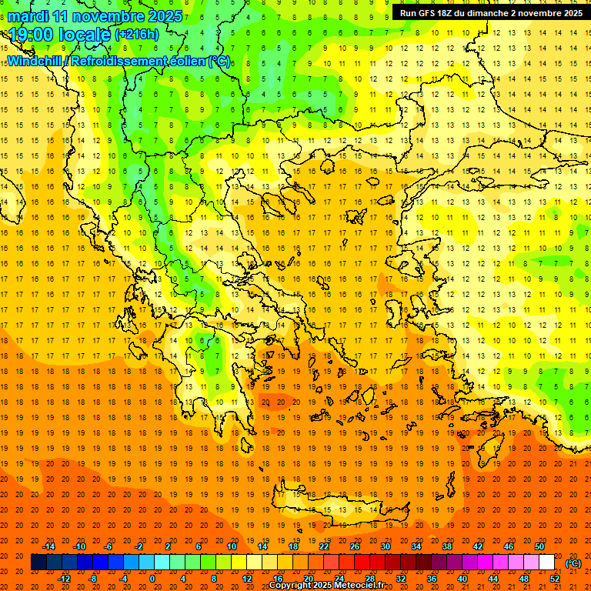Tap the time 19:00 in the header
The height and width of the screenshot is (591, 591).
34,35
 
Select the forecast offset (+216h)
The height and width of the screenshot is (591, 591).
136,35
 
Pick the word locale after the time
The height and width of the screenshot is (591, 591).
86,35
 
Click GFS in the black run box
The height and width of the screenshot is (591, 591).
428,13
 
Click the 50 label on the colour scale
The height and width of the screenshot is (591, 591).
539,546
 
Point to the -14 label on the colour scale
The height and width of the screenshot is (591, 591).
48,546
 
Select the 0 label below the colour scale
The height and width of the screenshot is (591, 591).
152,579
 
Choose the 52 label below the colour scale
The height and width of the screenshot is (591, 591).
555,579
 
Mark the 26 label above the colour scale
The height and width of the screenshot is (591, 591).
355,546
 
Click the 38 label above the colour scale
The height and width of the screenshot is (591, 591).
447,546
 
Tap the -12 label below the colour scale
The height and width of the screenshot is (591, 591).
64,579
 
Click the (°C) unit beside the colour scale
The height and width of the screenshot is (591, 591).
573,563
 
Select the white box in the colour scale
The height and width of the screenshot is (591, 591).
547,563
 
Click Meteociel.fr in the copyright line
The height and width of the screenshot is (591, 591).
356,586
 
